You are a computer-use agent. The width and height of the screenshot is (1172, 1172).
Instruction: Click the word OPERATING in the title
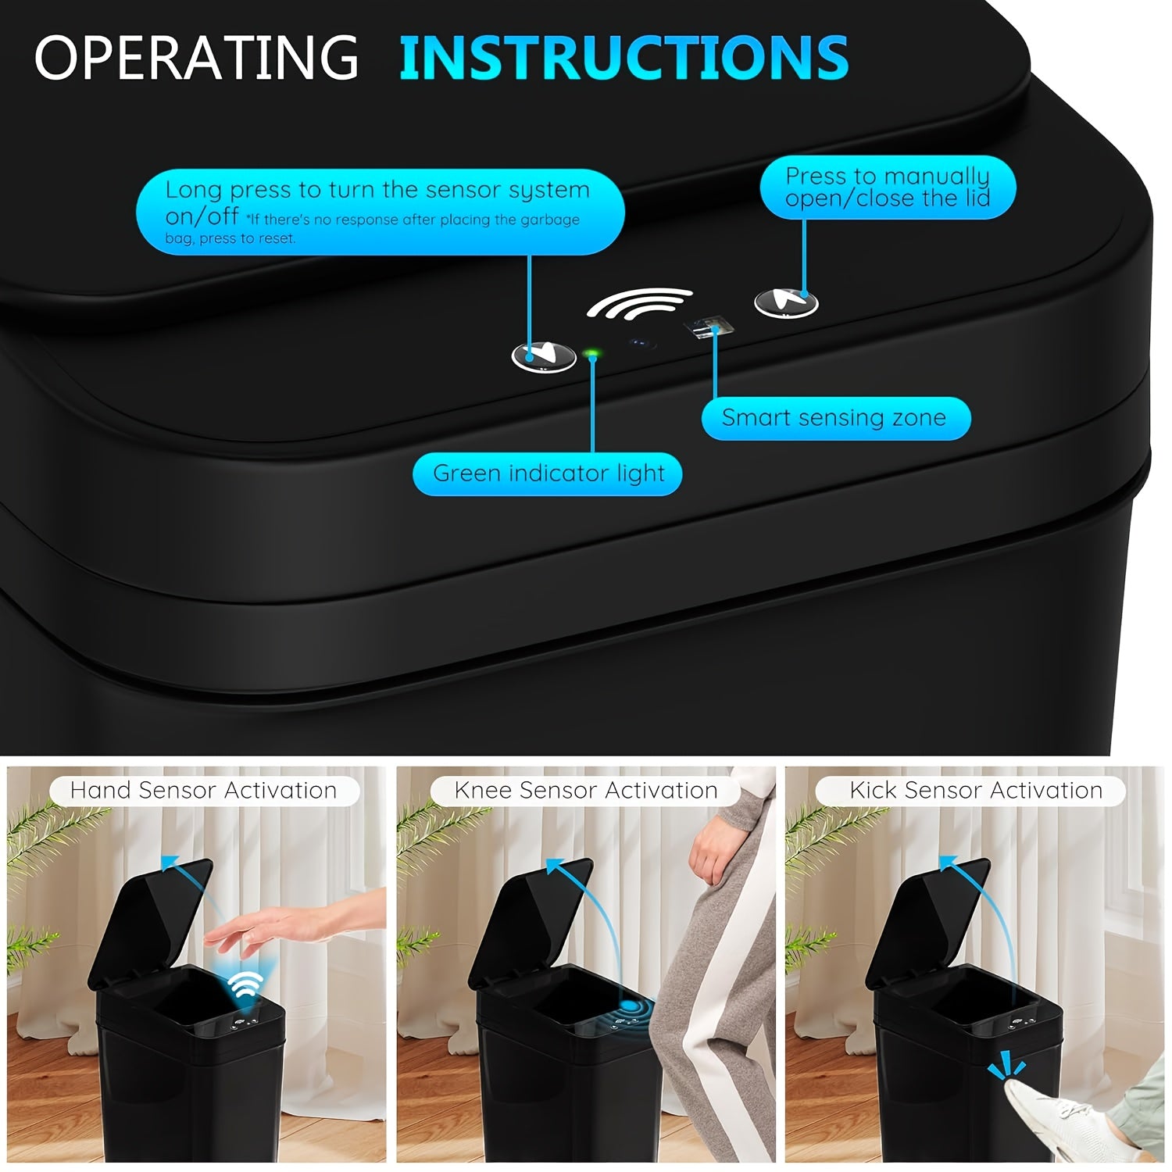point(196,56)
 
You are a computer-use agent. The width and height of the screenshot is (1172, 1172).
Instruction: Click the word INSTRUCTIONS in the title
point(624,56)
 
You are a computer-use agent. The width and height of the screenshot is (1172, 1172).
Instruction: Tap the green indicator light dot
point(591,355)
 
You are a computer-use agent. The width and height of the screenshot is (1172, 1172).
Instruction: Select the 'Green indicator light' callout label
point(548,473)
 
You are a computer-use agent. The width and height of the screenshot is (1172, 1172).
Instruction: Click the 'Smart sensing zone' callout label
point(834,418)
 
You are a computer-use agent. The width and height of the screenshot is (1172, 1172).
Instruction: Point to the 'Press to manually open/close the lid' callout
point(888,188)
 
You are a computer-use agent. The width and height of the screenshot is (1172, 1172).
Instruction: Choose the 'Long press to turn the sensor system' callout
point(381,211)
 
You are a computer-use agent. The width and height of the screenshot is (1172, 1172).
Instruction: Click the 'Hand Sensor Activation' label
point(203,791)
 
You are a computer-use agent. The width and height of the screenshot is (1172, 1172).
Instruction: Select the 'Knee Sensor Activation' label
point(585,791)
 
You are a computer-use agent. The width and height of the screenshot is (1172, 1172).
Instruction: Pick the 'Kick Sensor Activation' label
point(976,791)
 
